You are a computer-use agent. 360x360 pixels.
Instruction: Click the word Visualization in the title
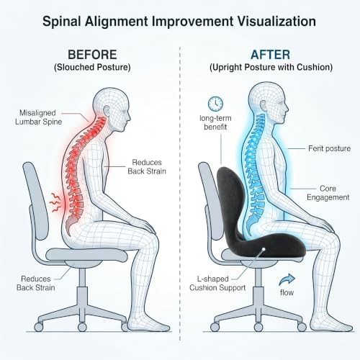(x=276, y=21)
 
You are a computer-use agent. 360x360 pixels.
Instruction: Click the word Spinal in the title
(x=62, y=22)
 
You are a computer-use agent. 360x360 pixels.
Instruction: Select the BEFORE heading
(x=92, y=55)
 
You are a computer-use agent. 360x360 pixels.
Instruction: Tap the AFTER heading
(x=271, y=55)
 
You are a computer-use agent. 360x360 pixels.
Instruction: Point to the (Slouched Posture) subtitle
(x=92, y=67)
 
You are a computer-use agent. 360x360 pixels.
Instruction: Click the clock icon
(x=215, y=104)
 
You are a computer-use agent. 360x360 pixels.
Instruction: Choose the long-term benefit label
(x=215, y=122)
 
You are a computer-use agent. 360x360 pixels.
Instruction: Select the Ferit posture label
(x=329, y=148)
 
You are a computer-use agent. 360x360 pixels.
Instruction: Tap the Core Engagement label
(x=328, y=193)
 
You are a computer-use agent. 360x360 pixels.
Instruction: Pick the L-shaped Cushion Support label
(x=217, y=283)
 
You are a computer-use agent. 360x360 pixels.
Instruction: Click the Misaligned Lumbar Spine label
(x=38, y=117)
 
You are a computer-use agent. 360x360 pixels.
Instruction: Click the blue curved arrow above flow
(x=287, y=279)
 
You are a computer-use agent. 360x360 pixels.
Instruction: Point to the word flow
(x=287, y=292)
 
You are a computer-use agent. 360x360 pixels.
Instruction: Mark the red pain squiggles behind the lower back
(x=55, y=203)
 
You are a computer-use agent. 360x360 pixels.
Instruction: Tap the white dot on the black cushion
(x=264, y=249)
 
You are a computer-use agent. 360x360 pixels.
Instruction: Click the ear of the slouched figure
(x=107, y=111)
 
